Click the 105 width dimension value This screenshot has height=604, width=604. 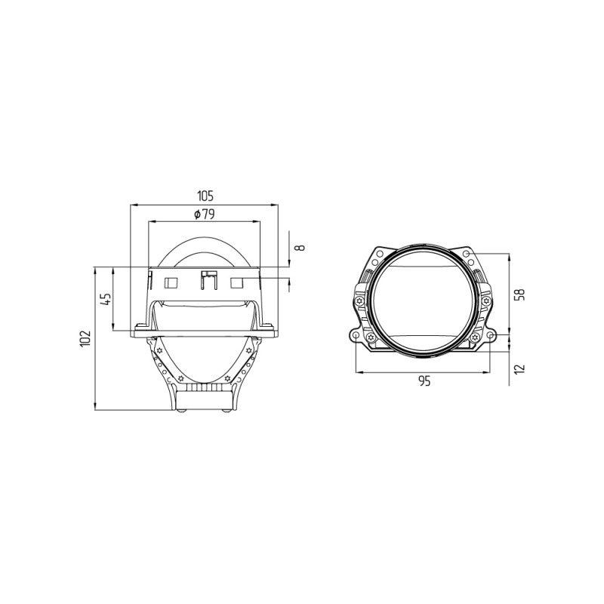click(203, 196)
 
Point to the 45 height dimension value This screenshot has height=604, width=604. click(106, 299)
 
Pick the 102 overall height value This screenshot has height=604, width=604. click(87, 337)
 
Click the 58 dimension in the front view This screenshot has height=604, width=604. click(518, 294)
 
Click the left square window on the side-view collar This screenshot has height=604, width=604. click(171, 282)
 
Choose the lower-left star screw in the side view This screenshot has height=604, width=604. click(180, 377)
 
